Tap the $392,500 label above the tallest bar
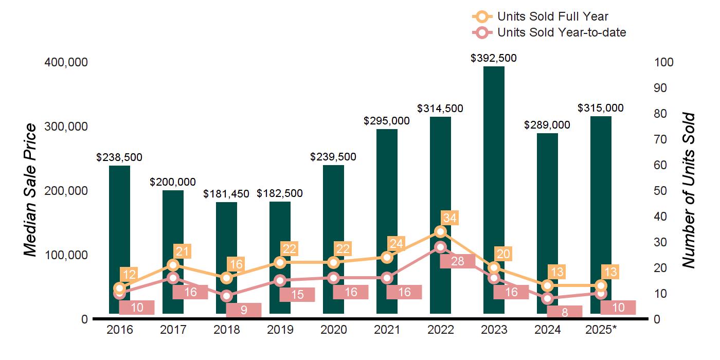pos(494,58)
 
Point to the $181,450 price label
pos(226,194)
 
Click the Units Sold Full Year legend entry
pos(552,16)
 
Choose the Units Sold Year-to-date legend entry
pos(561,32)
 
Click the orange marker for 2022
pos(440,231)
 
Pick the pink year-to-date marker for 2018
pos(226,296)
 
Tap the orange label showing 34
pos(449,218)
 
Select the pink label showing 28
pos(457,261)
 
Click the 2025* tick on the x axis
pos(601,330)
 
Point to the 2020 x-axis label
pos(333,330)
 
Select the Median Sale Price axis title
pos(31,190)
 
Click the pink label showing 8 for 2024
pos(565,312)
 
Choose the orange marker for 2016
pos(119,288)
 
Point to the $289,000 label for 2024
pos(547,125)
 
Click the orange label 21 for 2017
pos(182,251)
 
